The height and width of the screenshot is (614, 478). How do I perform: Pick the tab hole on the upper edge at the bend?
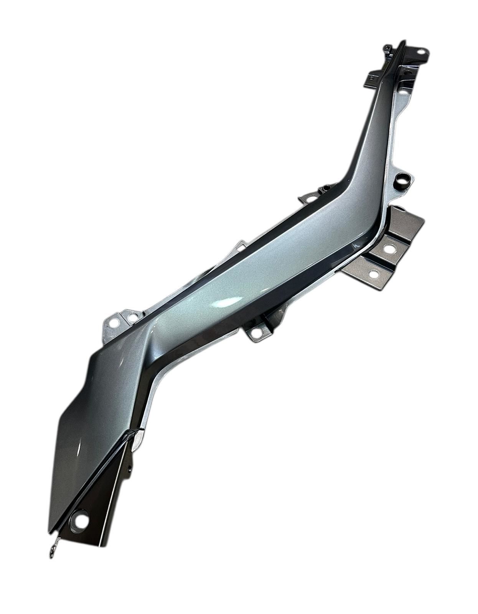(309, 198)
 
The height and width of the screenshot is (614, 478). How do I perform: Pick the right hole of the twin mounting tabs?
(132, 317)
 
